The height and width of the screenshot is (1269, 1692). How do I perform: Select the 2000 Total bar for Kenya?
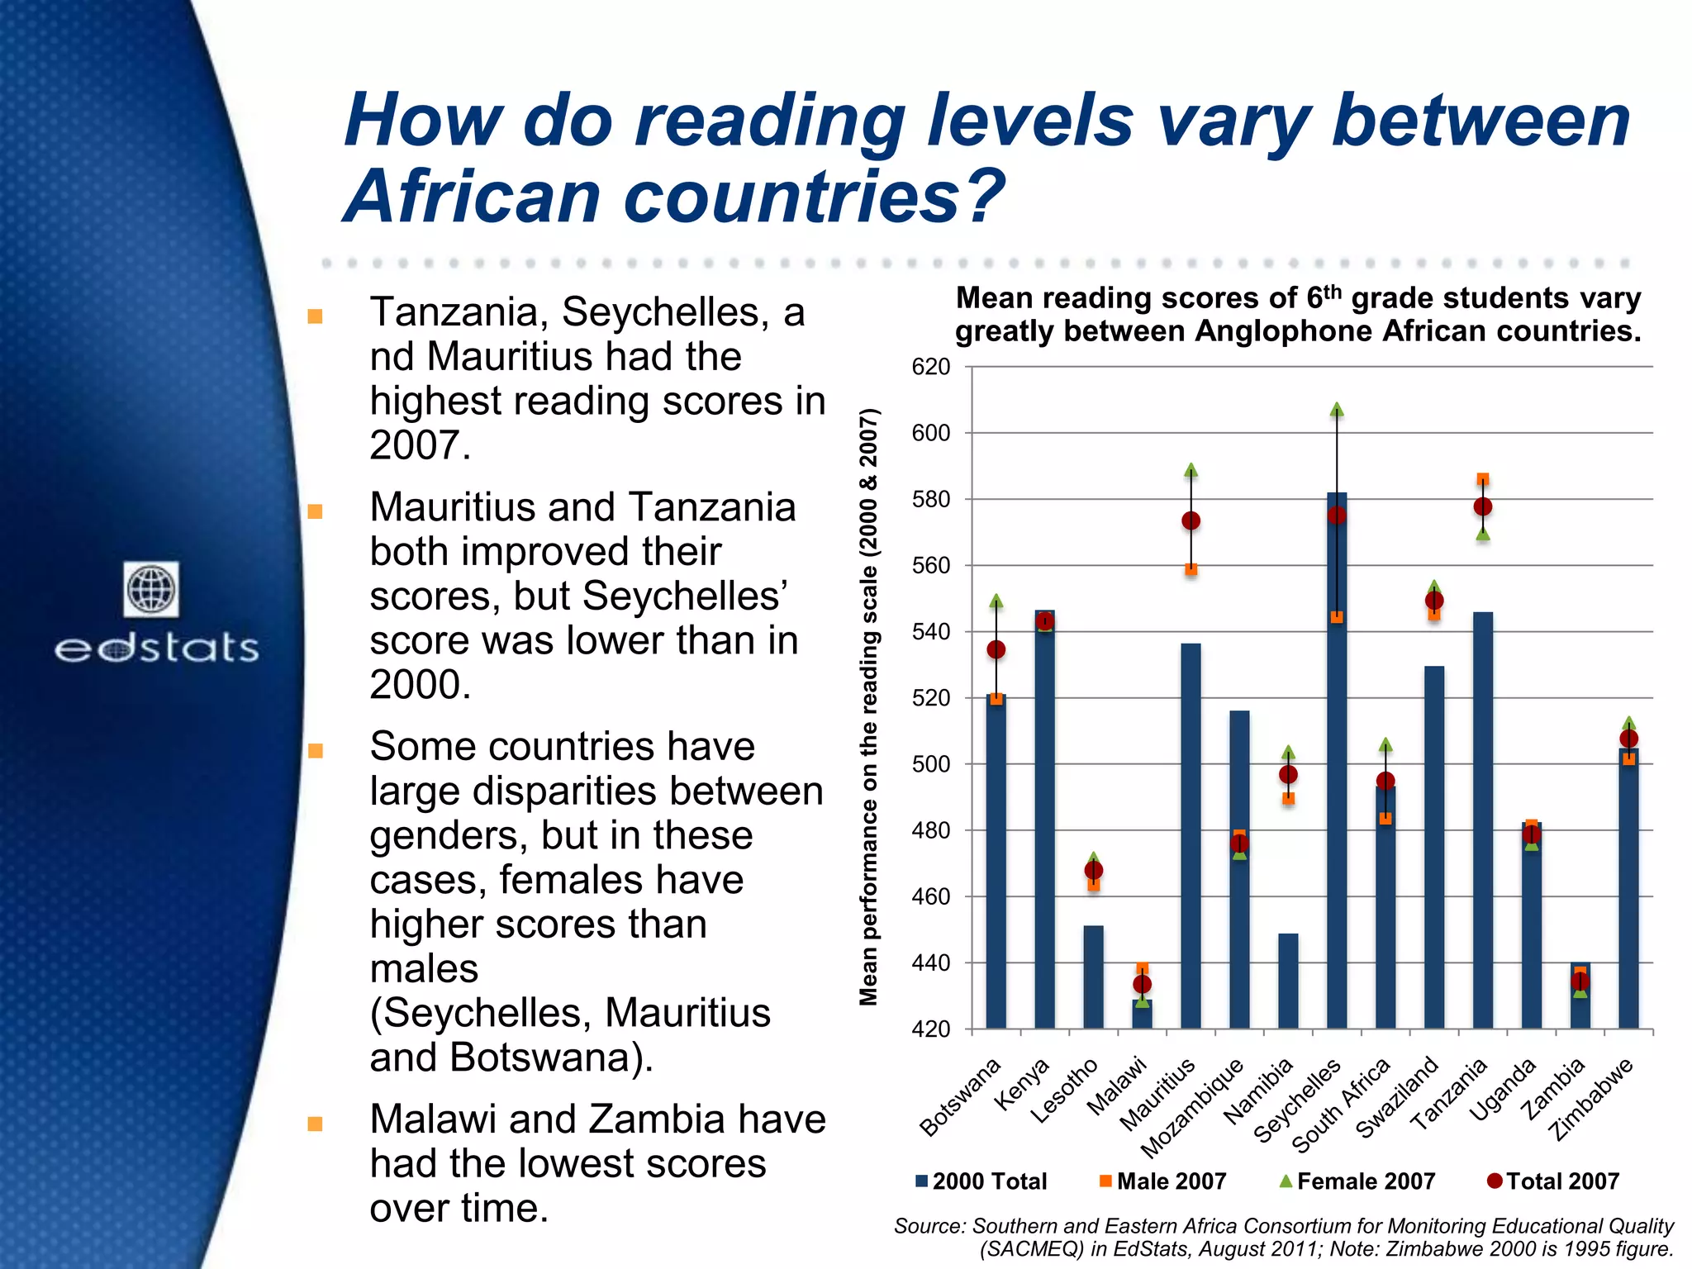click(x=1044, y=826)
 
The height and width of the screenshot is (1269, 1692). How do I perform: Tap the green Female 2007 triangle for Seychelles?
click(x=1337, y=410)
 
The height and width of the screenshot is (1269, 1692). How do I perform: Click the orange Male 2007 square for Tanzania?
click(x=1483, y=479)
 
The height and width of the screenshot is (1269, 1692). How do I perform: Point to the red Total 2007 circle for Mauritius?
click(x=1191, y=520)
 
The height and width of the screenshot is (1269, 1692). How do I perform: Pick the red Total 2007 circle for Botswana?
click(x=996, y=650)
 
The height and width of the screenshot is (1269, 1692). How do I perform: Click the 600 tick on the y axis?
click(x=931, y=433)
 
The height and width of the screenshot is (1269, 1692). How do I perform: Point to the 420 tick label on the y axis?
click(x=931, y=1029)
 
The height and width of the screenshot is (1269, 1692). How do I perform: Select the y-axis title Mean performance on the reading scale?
click(x=868, y=707)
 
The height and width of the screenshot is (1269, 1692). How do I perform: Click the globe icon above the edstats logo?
click(x=151, y=589)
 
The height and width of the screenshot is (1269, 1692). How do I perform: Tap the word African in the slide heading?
click(x=472, y=197)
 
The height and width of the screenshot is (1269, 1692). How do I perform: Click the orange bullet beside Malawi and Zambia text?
click(x=315, y=1124)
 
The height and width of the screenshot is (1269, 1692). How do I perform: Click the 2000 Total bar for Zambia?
click(x=1580, y=996)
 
